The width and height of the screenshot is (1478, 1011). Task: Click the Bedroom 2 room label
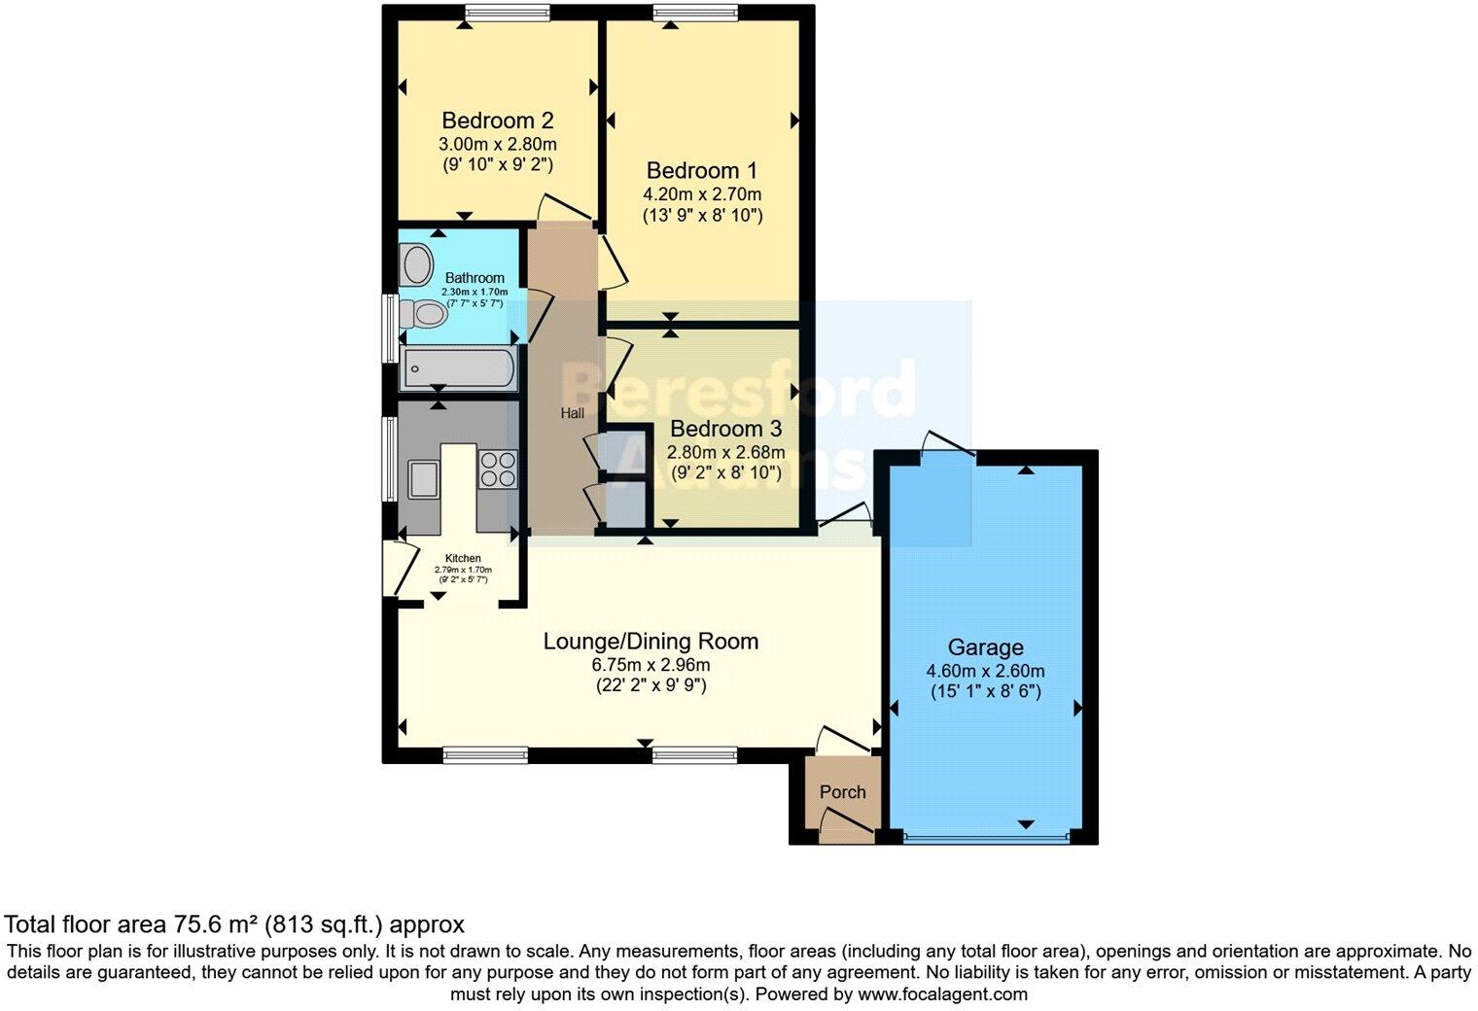(x=497, y=121)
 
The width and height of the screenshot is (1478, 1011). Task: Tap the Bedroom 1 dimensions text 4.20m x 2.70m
(x=702, y=194)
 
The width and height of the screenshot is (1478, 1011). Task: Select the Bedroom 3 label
(x=725, y=429)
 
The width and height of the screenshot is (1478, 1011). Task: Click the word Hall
(x=572, y=413)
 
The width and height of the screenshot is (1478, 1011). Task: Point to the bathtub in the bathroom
(x=457, y=368)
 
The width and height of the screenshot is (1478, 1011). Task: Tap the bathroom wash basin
(x=417, y=262)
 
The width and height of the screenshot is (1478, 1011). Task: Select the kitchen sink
(x=424, y=478)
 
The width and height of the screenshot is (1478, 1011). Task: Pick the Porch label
(x=842, y=792)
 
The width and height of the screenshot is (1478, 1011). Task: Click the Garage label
(x=985, y=647)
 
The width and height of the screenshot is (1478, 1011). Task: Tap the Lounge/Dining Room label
(x=650, y=642)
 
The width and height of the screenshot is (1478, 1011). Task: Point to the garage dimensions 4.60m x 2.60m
(x=985, y=671)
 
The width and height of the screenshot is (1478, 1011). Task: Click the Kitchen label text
(x=463, y=558)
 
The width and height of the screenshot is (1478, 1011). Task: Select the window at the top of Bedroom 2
(x=507, y=12)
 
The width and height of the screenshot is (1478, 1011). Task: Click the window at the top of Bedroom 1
(x=694, y=12)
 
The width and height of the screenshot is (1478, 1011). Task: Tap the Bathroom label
(x=475, y=278)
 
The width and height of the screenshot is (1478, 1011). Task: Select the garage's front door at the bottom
(x=985, y=836)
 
